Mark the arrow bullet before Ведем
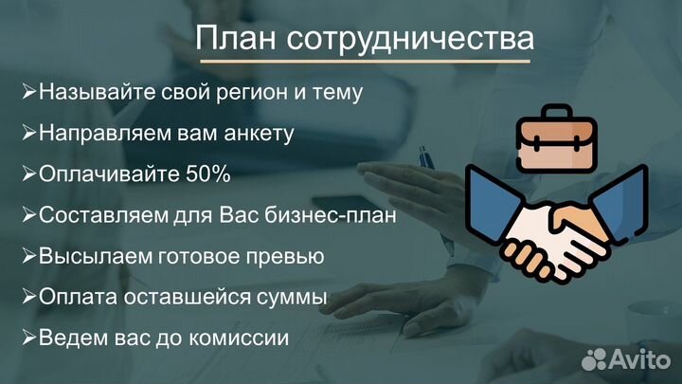click(x=29, y=337)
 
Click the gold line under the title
click(x=365, y=63)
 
